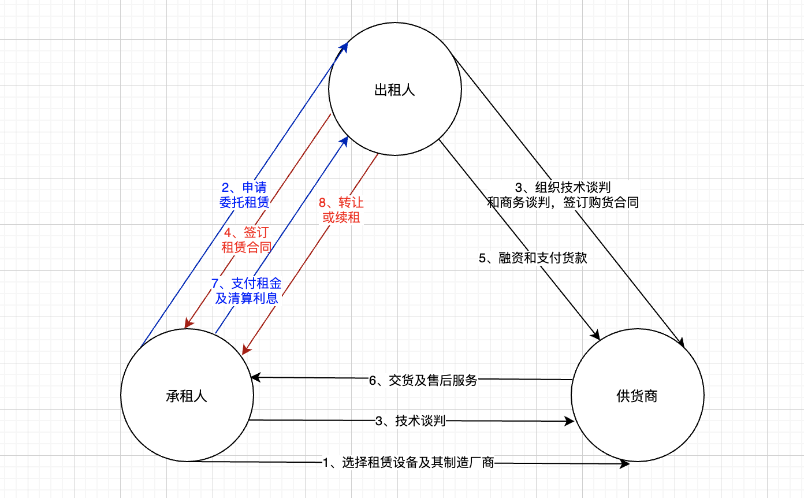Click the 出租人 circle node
[395, 90]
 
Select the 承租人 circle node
[187, 396]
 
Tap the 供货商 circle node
[637, 396]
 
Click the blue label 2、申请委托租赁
[245, 195]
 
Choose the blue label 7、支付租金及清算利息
[247, 291]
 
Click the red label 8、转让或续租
[341, 210]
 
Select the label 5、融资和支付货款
[533, 258]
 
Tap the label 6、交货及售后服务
[423, 380]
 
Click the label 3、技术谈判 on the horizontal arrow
[410, 421]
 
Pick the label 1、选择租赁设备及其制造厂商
[408, 462]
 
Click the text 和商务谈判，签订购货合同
[563, 203]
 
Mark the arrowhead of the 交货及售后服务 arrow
[255, 378]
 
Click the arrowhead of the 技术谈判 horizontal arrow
[569, 422]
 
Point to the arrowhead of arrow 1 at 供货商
[625, 463]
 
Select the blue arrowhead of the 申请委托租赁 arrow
[345, 46]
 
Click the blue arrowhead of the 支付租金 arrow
[345, 140]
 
